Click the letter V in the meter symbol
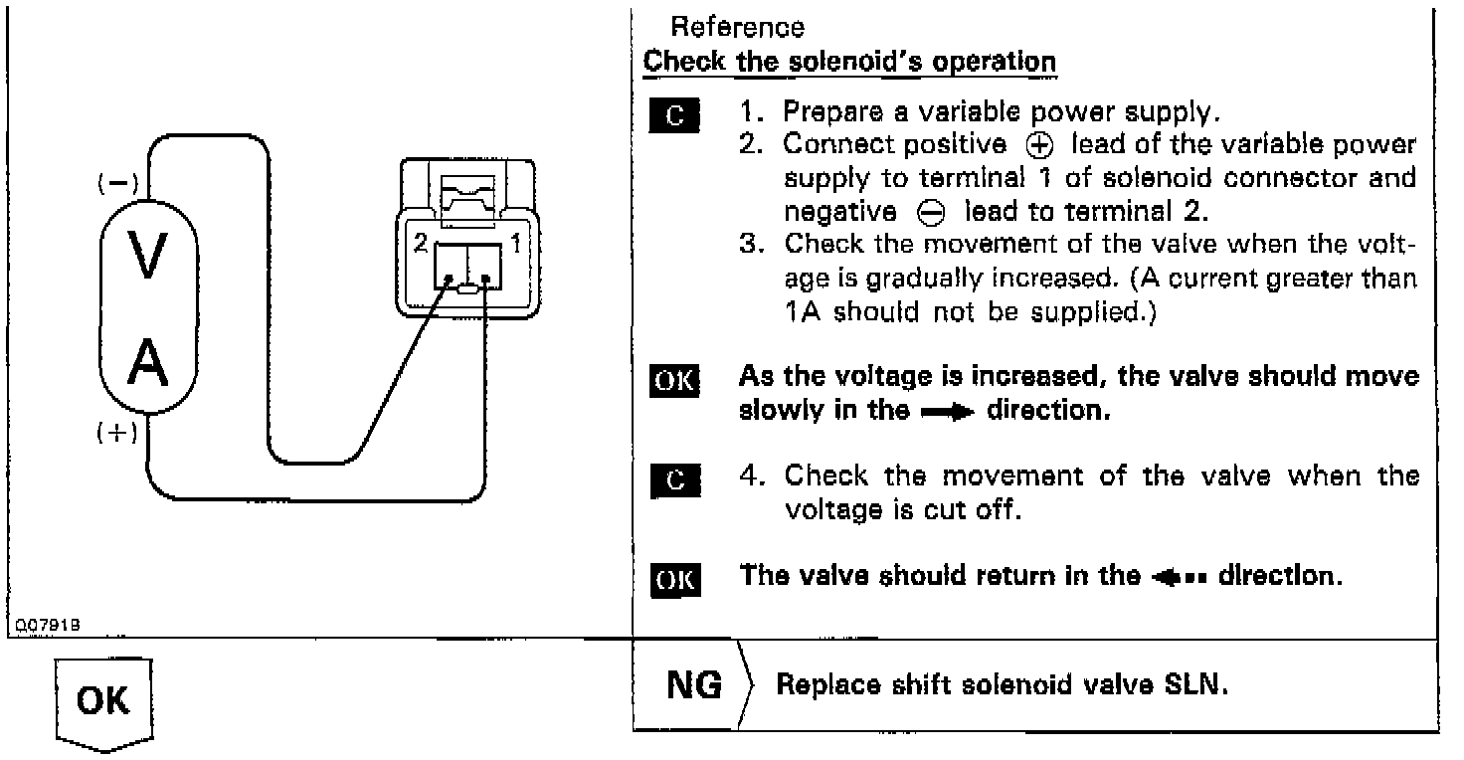tap(148, 257)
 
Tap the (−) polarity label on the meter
tap(118, 183)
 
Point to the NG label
tap(694, 685)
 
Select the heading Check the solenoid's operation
tap(849, 61)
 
